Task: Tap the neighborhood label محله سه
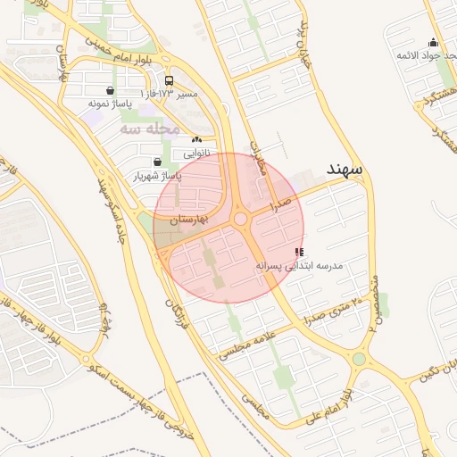click(150, 129)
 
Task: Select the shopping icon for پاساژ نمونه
click(110, 90)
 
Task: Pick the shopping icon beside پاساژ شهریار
click(158, 162)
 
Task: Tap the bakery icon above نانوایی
click(196, 139)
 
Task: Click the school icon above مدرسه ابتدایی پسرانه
click(298, 253)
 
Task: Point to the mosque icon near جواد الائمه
click(434, 42)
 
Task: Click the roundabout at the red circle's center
click(239, 220)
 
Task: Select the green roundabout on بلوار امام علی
click(359, 359)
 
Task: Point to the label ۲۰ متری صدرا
click(336, 313)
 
